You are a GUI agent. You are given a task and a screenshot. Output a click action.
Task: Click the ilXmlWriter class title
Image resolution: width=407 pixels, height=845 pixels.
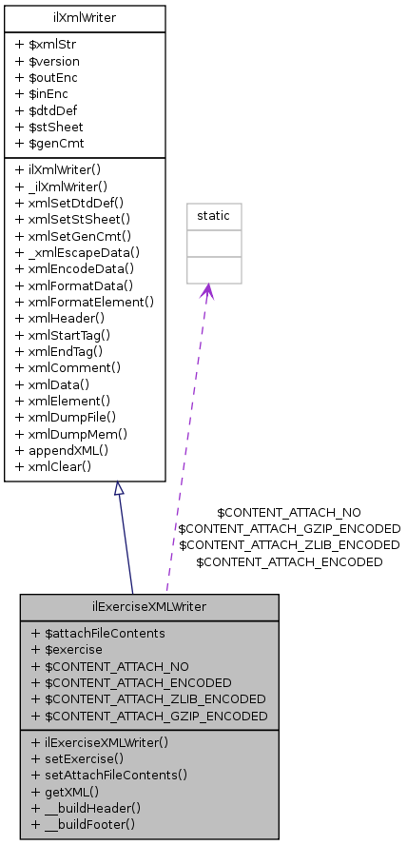pyautogui.click(x=85, y=16)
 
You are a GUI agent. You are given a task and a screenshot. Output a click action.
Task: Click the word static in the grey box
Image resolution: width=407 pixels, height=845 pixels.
pyautogui.click(x=213, y=215)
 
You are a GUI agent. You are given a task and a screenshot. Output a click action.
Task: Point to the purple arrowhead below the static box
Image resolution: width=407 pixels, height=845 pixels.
pyautogui.click(x=206, y=292)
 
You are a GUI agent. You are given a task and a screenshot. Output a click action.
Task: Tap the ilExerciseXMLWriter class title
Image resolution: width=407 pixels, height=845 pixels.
pyautogui.click(x=149, y=605)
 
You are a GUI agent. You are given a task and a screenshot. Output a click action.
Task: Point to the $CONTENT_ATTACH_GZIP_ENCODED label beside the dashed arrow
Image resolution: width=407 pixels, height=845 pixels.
pyautogui.click(x=289, y=528)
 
